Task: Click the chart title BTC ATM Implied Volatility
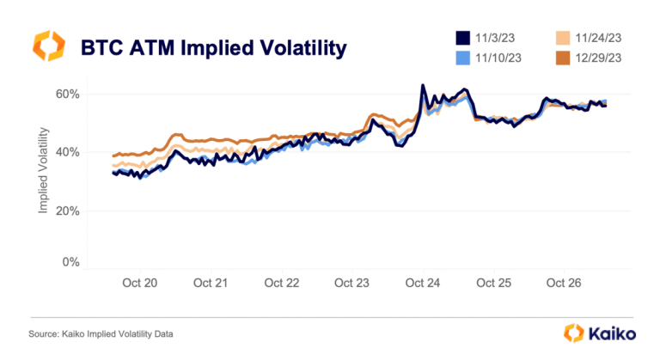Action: tap(212, 46)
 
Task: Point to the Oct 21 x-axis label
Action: tap(211, 283)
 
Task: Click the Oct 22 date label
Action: tap(281, 283)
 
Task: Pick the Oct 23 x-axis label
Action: tap(351, 283)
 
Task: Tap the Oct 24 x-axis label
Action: tap(422, 283)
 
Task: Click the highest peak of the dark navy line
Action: tap(423, 86)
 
